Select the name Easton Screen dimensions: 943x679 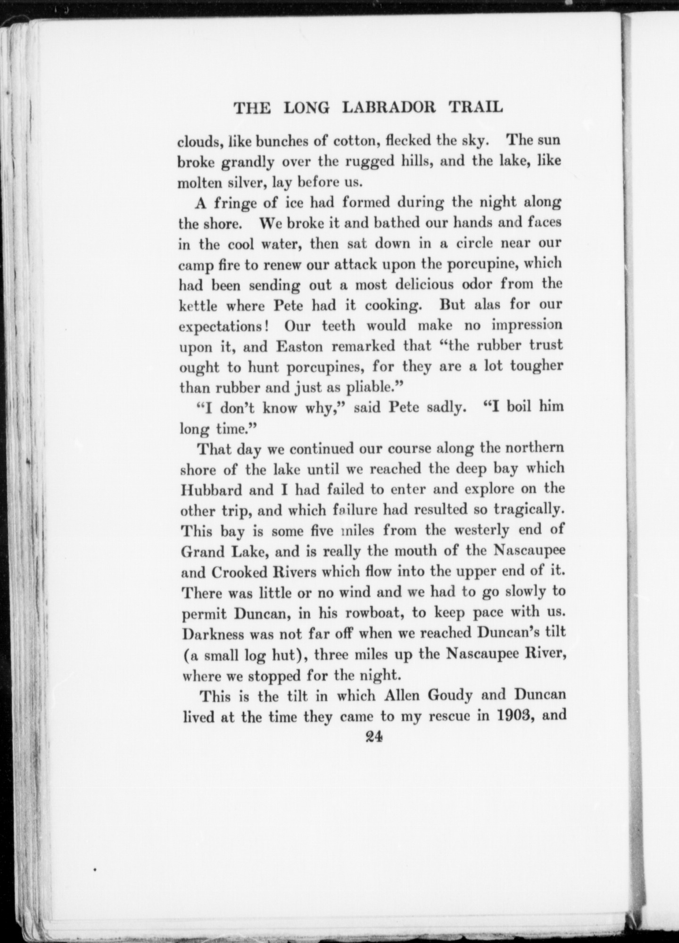[x=300, y=347]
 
